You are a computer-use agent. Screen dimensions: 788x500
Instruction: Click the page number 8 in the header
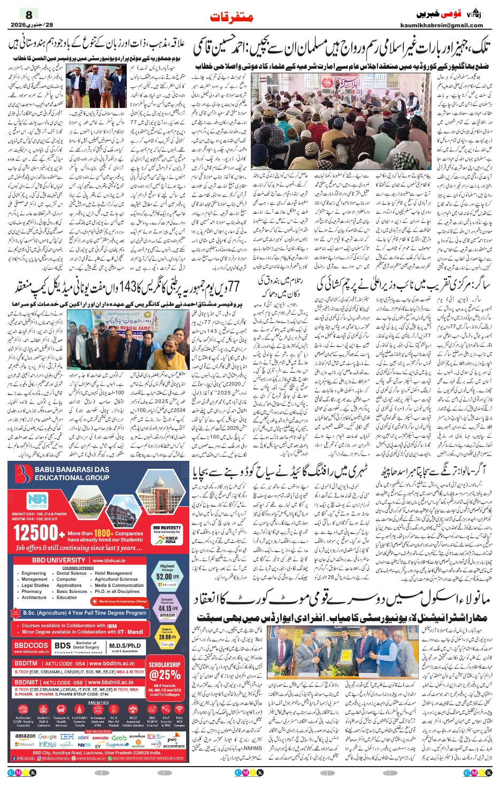[29, 14]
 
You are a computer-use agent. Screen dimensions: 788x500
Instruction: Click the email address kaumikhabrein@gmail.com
[442, 25]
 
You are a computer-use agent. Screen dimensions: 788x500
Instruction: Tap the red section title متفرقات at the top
[232, 17]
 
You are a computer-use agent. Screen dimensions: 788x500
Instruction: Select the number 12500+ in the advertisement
[36, 533]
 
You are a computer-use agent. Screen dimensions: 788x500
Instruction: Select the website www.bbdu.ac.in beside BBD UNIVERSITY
[109, 561]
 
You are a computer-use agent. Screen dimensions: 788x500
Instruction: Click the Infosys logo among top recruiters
[48, 745]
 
